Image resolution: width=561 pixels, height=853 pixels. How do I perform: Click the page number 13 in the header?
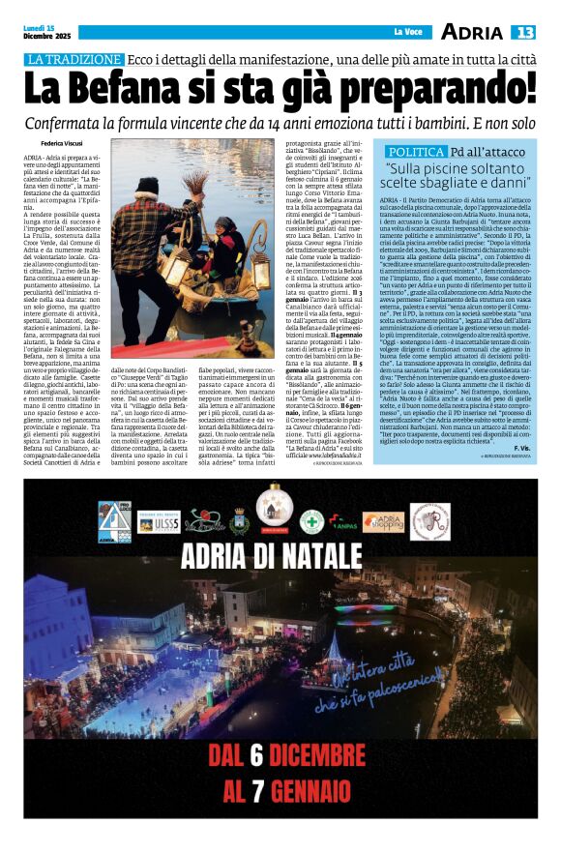tap(522, 33)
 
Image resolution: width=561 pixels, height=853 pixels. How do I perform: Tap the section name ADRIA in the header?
tap(471, 33)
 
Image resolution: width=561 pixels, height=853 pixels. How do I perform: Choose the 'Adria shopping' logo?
tap(384, 522)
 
